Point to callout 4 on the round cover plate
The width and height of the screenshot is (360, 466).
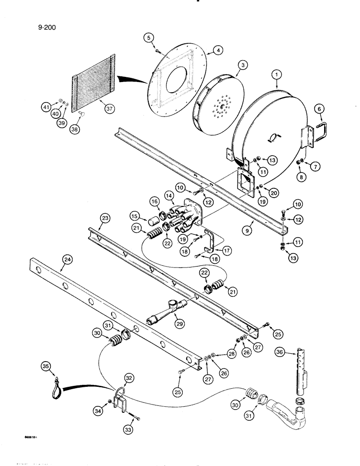coord(204,50)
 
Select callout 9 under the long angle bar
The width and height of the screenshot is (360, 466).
coord(248,229)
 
